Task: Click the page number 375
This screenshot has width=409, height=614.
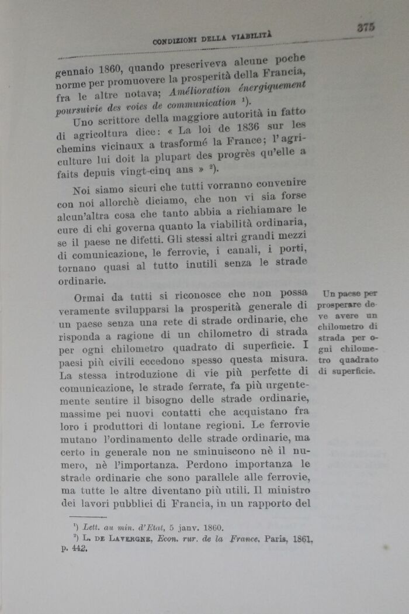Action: pyautogui.click(x=366, y=26)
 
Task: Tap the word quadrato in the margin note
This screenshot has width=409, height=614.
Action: pyautogui.click(x=357, y=360)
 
